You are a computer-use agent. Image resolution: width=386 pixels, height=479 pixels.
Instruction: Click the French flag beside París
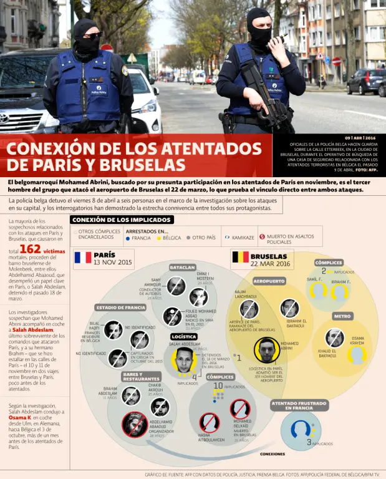pyautogui.click(x=82, y=258)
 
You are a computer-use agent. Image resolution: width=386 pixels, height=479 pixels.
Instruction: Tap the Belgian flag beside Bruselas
pyautogui.click(x=240, y=257)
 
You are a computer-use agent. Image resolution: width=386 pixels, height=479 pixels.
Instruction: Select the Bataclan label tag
pyautogui.click(x=183, y=267)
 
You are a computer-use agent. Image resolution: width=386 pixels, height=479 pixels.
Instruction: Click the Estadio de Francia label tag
pyautogui.click(x=120, y=307)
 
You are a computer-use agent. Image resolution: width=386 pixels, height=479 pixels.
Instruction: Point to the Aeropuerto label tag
pyautogui.click(x=269, y=281)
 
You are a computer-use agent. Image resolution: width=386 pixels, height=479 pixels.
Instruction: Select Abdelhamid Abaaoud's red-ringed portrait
pyautogui.click(x=135, y=423)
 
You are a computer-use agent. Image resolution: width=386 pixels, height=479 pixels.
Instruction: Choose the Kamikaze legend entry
pyautogui.click(x=239, y=238)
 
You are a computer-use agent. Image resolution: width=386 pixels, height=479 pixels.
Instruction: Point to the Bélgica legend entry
pyautogui.click(x=168, y=238)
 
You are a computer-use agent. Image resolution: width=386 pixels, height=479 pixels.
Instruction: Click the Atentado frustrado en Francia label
pyautogui.click(x=301, y=405)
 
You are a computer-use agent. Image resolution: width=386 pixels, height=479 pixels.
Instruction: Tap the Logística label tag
pyautogui.click(x=184, y=336)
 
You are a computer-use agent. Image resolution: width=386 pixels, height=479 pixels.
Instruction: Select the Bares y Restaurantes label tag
pyautogui.click(x=141, y=376)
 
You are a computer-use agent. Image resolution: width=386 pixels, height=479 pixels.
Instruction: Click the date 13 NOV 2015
pyautogui.click(x=113, y=263)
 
